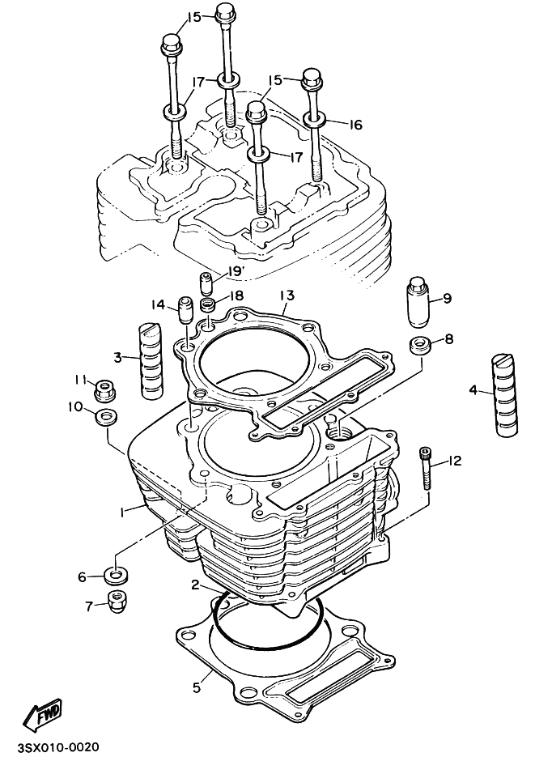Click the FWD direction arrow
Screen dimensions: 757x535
[x=40, y=714]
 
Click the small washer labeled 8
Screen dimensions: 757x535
[x=419, y=342]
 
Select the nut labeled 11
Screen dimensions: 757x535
[x=103, y=389]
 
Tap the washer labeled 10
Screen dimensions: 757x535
[x=104, y=419]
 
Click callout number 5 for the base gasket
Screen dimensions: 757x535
[x=196, y=688]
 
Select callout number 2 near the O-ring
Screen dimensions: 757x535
[x=196, y=585]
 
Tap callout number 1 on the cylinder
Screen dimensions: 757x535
[x=122, y=512]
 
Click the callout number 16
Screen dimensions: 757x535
[x=355, y=125]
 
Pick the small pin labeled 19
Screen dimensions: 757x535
[x=206, y=284]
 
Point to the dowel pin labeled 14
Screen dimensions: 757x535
[x=185, y=309]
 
